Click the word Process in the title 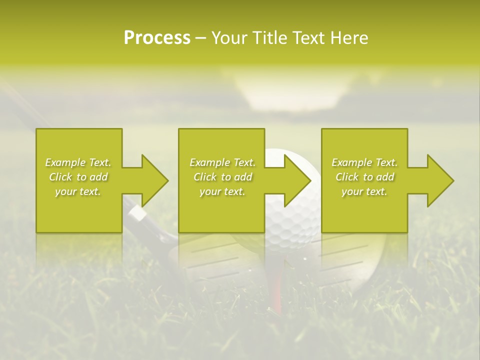[157, 38]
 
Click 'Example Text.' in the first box [78, 162]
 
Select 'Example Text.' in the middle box [222, 162]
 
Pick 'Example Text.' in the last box [364, 162]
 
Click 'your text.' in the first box [78, 191]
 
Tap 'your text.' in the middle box [222, 191]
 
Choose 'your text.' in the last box [364, 191]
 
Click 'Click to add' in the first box [78, 177]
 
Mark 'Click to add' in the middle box [222, 177]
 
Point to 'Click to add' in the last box [364, 177]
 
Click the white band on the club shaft [138, 213]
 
